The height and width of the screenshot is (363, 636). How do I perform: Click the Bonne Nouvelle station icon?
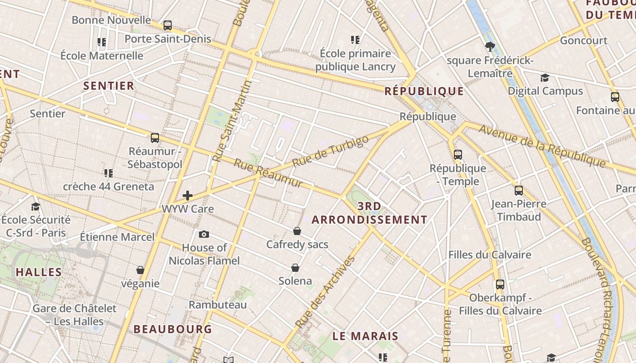tap(168, 25)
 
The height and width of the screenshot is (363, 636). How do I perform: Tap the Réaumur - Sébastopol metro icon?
tap(155, 138)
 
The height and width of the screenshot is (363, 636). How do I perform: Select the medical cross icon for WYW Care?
tap(187, 196)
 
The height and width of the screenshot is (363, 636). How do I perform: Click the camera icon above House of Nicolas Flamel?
tap(204, 234)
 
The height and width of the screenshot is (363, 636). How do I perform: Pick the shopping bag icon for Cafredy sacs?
tap(297, 231)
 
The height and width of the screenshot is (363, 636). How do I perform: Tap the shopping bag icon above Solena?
tap(295, 268)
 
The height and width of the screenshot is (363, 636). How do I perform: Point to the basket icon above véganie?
tap(140, 270)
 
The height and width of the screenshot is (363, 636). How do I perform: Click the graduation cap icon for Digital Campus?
tap(545, 78)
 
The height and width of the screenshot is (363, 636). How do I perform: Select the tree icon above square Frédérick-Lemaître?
tap(490, 46)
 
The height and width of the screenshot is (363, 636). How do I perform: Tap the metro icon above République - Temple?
tap(458, 155)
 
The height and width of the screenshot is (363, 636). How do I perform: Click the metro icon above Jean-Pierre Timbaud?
tap(519, 191)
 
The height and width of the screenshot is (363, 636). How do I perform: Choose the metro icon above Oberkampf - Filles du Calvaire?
tap(500, 285)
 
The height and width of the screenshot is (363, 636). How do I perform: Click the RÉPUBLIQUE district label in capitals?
tap(424, 91)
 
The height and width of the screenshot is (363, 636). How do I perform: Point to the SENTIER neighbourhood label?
tap(109, 86)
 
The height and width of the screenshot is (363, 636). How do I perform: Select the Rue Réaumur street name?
tap(268, 173)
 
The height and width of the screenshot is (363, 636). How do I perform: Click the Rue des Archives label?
tap(325, 292)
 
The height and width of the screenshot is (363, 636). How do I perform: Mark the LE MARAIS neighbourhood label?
tap(365, 336)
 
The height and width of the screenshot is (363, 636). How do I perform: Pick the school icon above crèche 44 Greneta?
tap(108, 173)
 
